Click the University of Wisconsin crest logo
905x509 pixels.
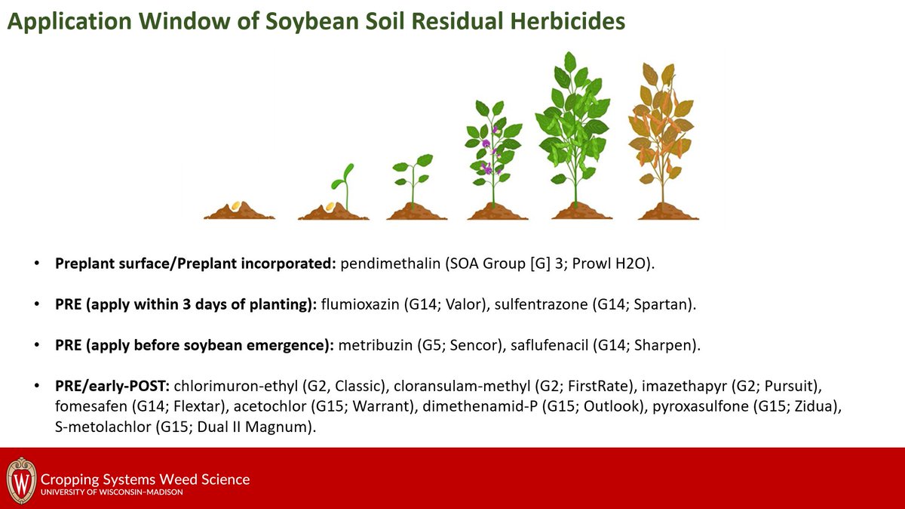(x=21, y=479)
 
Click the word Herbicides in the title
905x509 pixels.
(x=561, y=22)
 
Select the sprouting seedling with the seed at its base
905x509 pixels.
(x=339, y=193)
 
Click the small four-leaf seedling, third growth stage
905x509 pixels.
(x=413, y=181)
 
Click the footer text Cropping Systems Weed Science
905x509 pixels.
(x=145, y=480)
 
